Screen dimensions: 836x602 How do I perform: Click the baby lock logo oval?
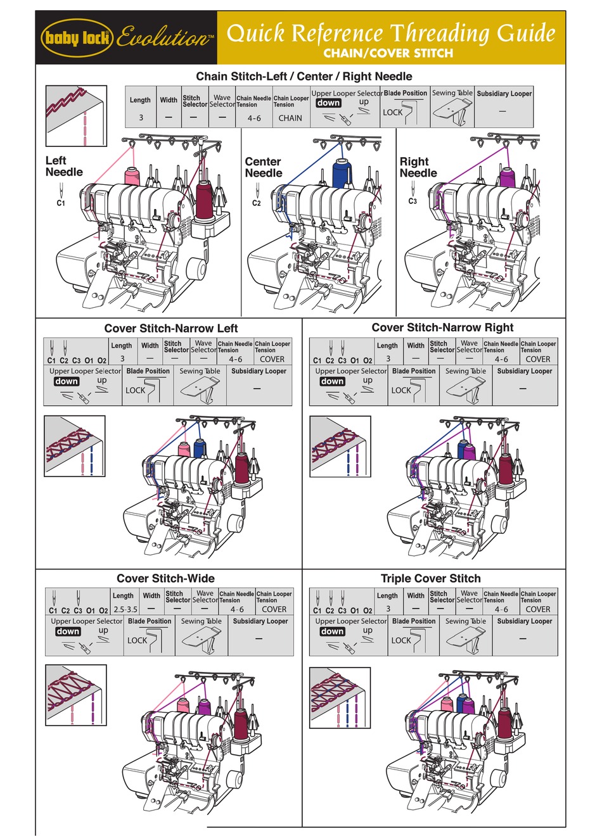(x=77, y=38)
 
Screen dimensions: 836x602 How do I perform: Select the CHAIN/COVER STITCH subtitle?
(x=388, y=53)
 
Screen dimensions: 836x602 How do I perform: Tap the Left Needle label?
(x=63, y=167)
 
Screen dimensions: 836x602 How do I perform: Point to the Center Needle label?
(x=263, y=167)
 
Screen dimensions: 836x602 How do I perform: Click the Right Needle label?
(x=418, y=167)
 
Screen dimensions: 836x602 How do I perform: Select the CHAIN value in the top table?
(x=290, y=118)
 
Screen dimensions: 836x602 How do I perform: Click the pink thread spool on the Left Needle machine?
(x=132, y=176)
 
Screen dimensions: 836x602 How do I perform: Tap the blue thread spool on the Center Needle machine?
(x=342, y=174)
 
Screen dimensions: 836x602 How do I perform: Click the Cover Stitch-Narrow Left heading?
(x=171, y=328)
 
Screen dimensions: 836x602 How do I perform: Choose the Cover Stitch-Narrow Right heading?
(x=442, y=327)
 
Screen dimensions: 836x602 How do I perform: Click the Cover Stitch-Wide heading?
(x=165, y=578)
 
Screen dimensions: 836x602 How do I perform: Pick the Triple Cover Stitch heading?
(x=430, y=578)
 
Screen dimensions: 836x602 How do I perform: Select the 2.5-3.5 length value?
(x=125, y=609)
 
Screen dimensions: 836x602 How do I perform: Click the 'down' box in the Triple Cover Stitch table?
(x=332, y=631)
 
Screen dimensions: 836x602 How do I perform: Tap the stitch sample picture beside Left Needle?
(x=76, y=116)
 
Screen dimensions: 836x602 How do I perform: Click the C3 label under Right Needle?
(x=413, y=201)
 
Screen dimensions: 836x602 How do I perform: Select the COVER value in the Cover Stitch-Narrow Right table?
(x=537, y=359)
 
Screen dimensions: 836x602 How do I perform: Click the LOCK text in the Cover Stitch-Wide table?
(x=137, y=640)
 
